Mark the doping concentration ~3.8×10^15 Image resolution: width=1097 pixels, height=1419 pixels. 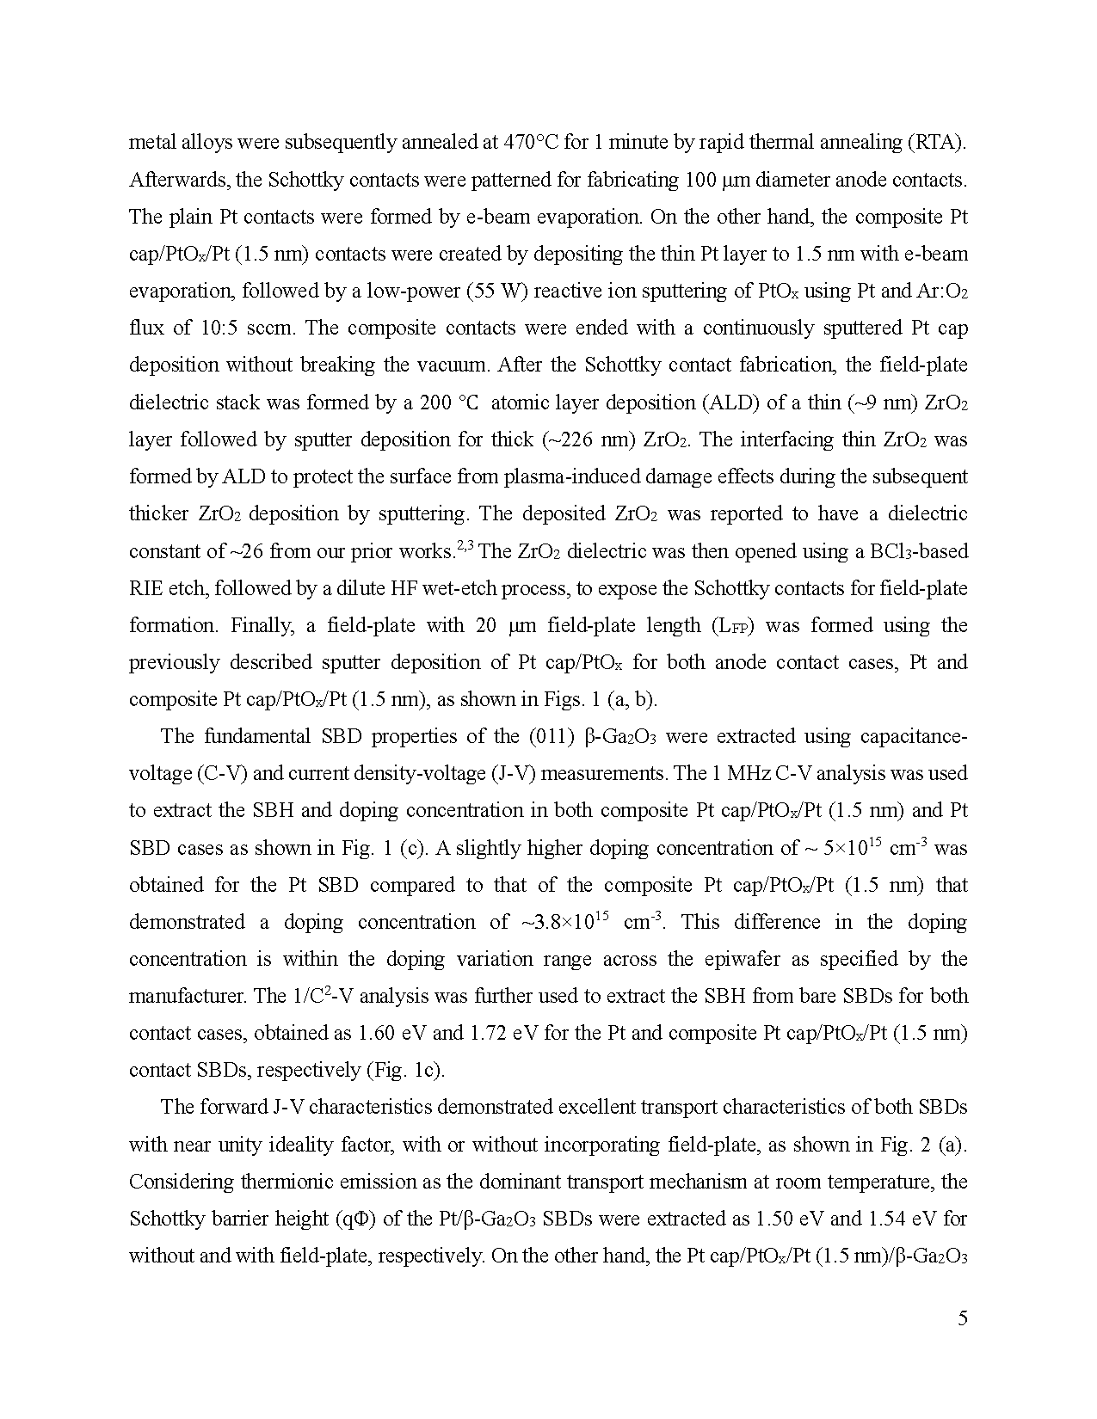564,922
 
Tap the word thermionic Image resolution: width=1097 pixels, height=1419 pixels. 280,1182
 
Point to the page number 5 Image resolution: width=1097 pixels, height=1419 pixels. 962,1318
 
